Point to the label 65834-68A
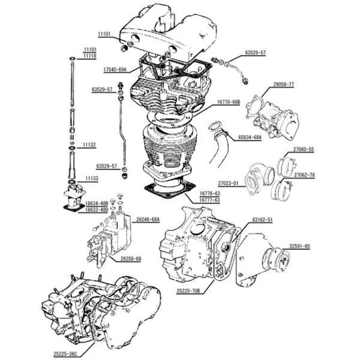250,137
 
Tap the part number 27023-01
227,183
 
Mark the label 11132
89,145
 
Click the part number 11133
91,178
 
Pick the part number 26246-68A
148,220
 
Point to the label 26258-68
130,259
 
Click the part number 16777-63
209,200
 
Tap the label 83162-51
262,220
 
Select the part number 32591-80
298,246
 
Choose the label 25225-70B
188,291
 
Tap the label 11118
89,55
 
